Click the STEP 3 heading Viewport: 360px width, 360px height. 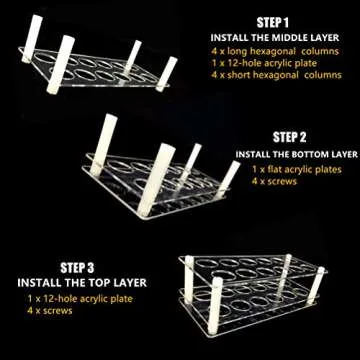tap(79, 268)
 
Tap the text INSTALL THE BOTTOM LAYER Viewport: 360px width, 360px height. tap(297, 154)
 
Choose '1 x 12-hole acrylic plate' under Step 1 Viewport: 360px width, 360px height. tap(258, 61)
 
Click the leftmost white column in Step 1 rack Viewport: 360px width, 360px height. tap(29, 39)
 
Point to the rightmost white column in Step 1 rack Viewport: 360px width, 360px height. tap(166, 70)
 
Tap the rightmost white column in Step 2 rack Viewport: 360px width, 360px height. tap(229, 176)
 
